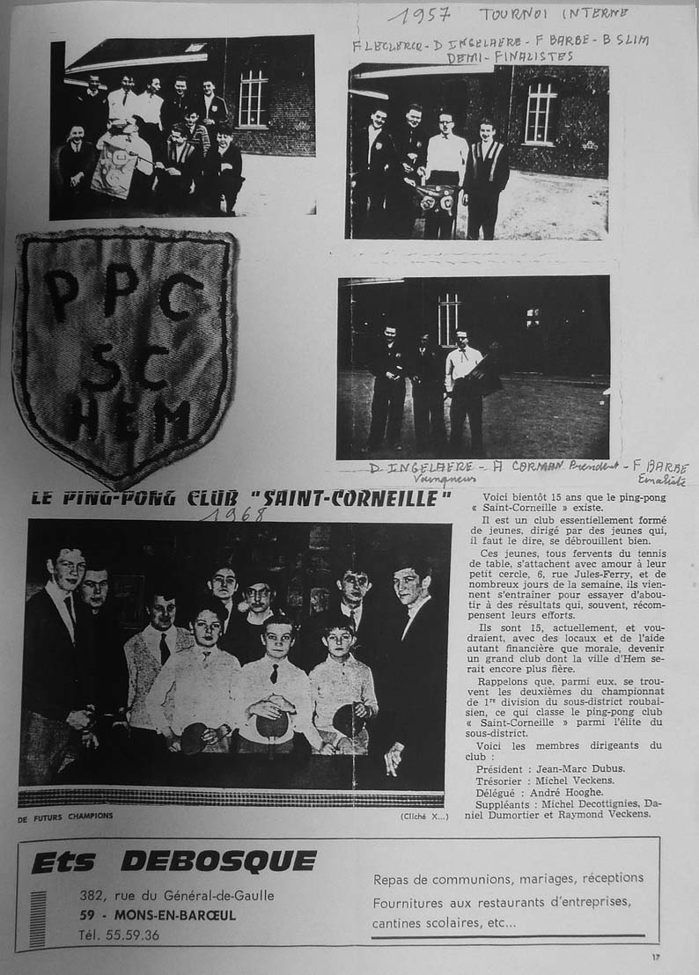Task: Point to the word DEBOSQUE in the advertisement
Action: tap(217, 861)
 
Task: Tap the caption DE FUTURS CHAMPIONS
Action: tap(64, 816)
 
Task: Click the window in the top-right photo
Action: tap(540, 113)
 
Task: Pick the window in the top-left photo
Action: tap(253, 98)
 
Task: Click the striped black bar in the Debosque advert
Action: tap(38, 919)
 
